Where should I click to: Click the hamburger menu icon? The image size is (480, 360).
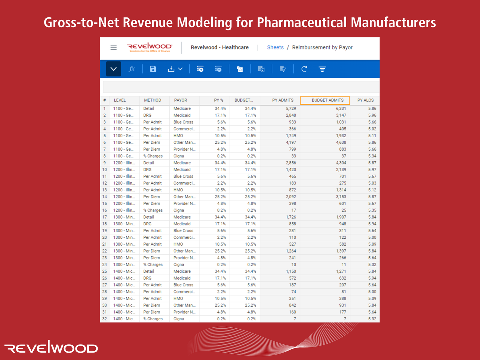click(x=113, y=48)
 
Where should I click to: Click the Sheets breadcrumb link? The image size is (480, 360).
click(x=275, y=47)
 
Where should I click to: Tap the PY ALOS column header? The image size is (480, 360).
click(x=365, y=100)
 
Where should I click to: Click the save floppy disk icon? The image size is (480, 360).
click(x=153, y=69)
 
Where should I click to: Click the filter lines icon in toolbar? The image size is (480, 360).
click(x=322, y=69)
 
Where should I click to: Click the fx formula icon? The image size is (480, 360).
click(x=132, y=69)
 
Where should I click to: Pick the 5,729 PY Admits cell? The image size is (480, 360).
click(x=291, y=108)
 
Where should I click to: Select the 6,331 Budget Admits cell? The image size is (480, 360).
click(x=341, y=108)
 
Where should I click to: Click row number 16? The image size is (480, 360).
click(x=105, y=210)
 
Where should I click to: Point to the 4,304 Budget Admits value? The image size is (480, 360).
click(x=341, y=163)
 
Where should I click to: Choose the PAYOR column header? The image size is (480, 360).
click(x=180, y=100)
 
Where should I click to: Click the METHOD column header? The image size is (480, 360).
click(x=152, y=100)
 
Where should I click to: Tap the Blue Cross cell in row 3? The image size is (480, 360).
click(x=183, y=122)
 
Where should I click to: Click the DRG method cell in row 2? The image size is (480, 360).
click(x=147, y=115)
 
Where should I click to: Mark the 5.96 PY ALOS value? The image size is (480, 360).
click(x=372, y=115)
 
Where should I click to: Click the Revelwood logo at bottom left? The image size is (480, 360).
click(x=51, y=347)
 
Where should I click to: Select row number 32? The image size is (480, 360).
click(x=105, y=319)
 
